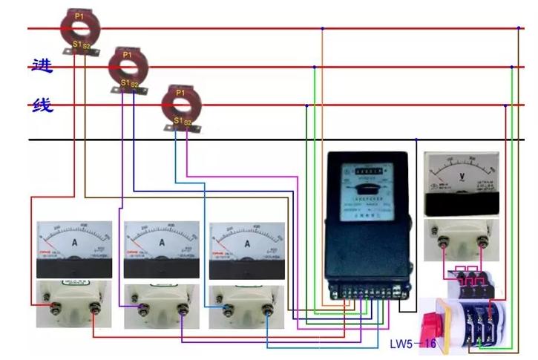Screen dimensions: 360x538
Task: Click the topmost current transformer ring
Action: pos(79,27)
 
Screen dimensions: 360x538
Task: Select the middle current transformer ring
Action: pos(128,65)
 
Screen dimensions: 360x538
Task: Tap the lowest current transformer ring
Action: pos(181,104)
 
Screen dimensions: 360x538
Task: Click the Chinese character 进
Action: pos(42,65)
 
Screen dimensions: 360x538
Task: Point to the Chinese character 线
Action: pos(42,104)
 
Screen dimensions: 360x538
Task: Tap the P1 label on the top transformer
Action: pos(79,15)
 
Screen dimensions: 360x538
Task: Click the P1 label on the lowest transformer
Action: pos(180,92)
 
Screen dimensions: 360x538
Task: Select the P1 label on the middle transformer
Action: pos(127,54)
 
